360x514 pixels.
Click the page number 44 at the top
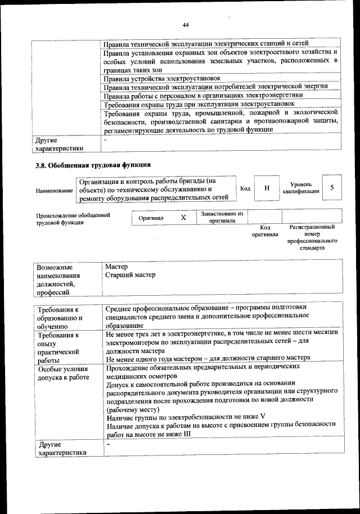[x=185, y=25]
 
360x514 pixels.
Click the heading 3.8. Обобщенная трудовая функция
[x=93, y=165]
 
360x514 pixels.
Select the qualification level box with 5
[x=332, y=188]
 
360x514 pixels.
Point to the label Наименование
[x=55, y=191]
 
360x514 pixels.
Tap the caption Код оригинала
[x=264, y=231]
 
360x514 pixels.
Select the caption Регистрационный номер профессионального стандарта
[x=312, y=237]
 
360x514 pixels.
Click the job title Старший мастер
[x=130, y=275]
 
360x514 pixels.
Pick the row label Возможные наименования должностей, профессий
[x=58, y=279]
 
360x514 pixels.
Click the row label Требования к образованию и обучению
[x=60, y=318]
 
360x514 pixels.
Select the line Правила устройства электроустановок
[x=163, y=78]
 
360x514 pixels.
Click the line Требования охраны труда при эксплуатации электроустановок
[x=200, y=104]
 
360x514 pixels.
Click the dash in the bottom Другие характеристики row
[x=107, y=445]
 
